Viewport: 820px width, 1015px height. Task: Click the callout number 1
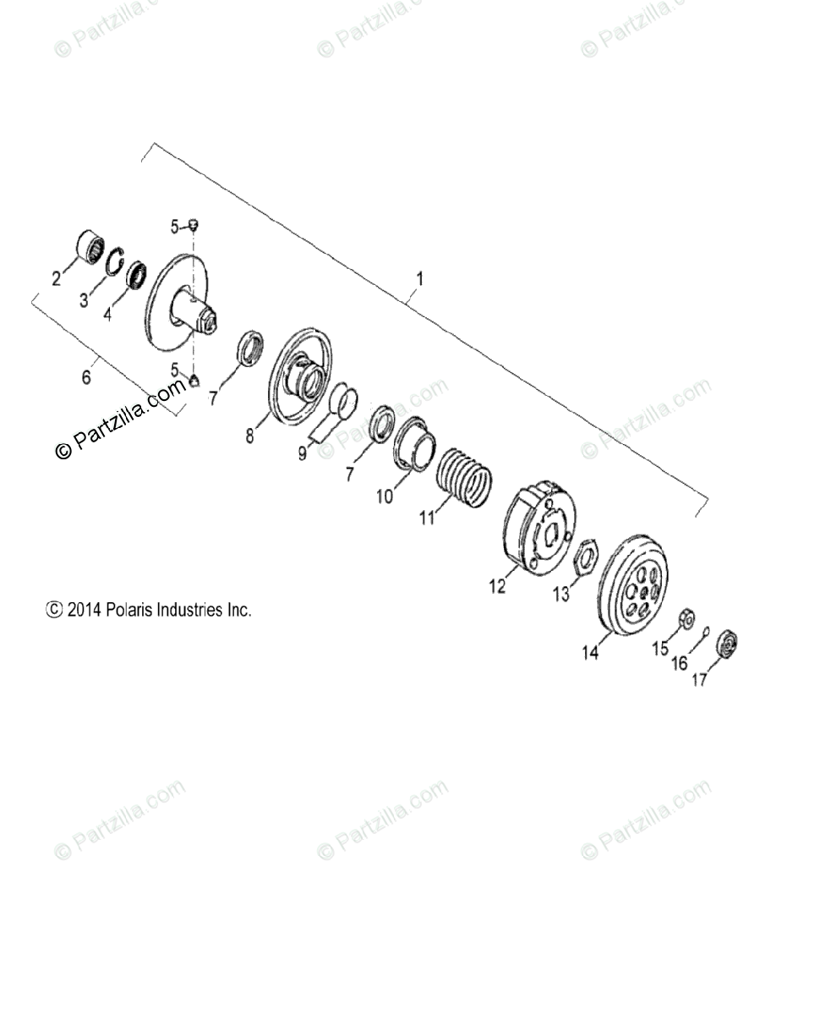tap(420, 278)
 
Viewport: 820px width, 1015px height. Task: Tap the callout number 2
tap(57, 277)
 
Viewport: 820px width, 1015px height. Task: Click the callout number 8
tap(250, 436)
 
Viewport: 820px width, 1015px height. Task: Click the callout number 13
tap(561, 595)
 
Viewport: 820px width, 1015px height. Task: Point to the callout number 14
tap(590, 652)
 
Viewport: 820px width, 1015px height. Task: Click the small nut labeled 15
tap(687, 620)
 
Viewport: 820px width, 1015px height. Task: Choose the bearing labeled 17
tap(726, 644)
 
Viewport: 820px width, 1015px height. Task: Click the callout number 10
tap(385, 497)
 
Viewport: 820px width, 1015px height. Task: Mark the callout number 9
tap(302, 453)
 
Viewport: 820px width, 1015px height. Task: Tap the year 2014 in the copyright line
tap(85, 609)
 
